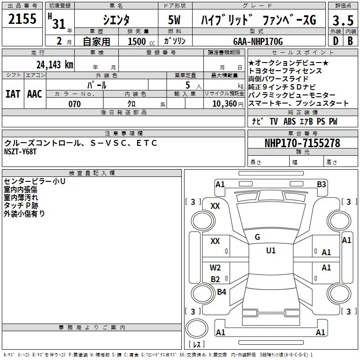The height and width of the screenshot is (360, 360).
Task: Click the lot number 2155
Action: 23,19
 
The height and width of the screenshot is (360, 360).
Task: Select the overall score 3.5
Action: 342,20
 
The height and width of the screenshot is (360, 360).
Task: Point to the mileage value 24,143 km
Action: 55,64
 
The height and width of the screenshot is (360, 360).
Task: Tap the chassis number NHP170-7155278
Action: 302,143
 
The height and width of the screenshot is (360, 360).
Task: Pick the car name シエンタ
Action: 116,20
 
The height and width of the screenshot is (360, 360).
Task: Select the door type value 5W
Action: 175,20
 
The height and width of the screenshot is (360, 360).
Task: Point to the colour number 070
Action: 75,104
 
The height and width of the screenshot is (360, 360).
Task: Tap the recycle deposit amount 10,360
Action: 222,104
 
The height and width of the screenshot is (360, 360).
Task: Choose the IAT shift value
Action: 12,94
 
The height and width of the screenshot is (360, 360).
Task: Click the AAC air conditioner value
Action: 35,94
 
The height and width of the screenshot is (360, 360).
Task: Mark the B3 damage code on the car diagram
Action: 321,184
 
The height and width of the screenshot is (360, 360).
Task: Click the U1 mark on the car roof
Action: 270,250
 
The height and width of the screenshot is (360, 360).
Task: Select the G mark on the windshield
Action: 257,237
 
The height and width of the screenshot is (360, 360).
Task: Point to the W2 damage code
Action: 216,268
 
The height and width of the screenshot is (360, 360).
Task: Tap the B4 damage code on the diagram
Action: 221,292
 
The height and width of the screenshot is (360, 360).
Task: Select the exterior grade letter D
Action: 335,41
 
